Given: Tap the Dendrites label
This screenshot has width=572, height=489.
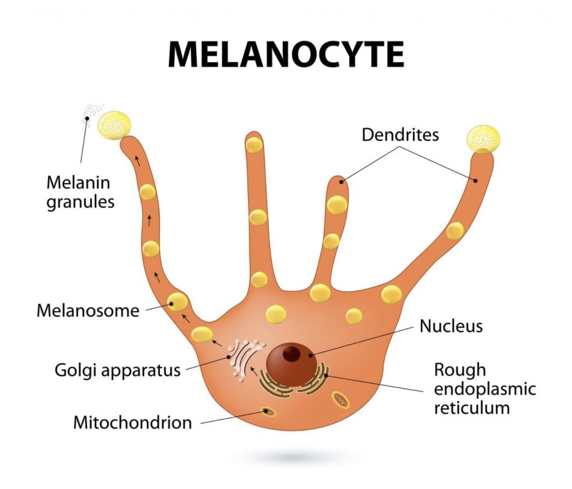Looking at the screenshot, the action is tap(400, 135).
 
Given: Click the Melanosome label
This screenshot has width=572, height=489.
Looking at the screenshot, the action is tap(88, 311).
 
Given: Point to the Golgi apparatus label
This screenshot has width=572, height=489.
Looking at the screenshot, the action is tap(118, 370).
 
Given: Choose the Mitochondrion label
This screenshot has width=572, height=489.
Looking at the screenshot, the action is tap(133, 422).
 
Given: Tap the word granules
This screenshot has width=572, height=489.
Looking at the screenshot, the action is tap(80, 202).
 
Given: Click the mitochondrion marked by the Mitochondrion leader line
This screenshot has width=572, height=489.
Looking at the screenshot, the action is tap(268, 411).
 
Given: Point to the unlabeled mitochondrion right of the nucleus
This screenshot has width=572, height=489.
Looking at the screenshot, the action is tap(340, 400).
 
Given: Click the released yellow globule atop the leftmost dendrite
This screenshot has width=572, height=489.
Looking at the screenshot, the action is tap(114, 125).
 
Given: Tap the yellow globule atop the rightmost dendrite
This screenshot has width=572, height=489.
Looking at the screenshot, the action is tap(483, 139).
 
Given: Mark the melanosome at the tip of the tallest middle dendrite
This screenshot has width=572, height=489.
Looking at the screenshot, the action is tap(254, 145).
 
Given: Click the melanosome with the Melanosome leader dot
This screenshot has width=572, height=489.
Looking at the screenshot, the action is tap(177, 302).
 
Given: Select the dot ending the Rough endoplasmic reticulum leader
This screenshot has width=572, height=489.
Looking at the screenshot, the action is tap(326, 376).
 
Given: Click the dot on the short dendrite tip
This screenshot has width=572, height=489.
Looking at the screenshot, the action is tap(341, 182).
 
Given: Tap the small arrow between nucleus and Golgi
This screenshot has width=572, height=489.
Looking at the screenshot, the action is tap(254, 371).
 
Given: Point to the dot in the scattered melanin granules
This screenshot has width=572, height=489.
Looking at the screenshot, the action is tap(87, 118).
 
